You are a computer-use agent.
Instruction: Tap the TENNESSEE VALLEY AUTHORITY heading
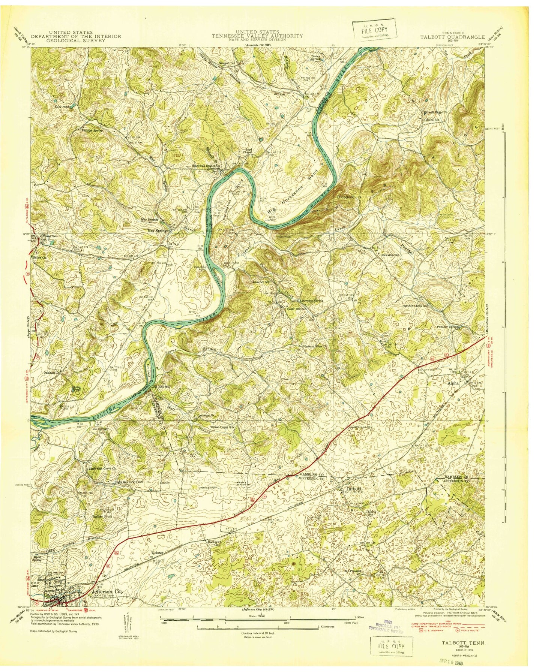[x=257, y=36]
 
